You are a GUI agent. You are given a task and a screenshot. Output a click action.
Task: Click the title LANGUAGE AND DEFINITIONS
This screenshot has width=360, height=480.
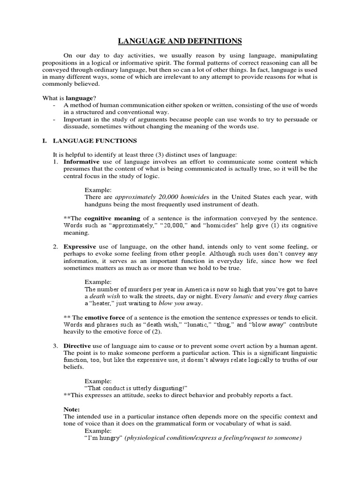(x=180, y=42)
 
